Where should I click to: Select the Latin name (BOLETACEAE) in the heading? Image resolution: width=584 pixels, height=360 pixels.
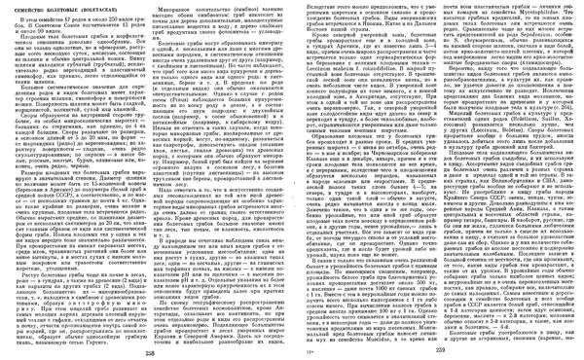point(114,10)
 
